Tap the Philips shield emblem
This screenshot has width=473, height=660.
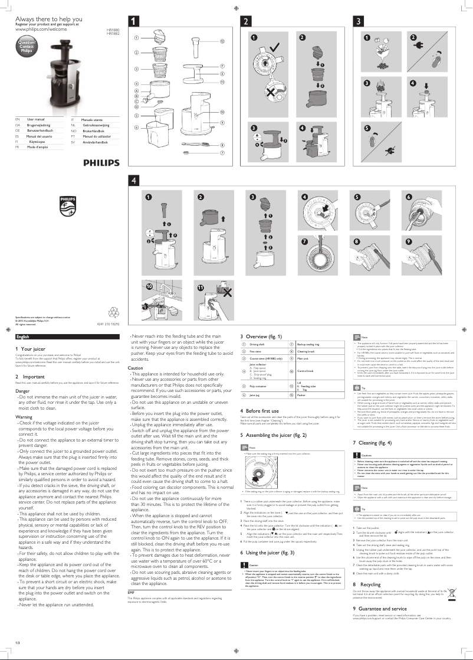point(67,207)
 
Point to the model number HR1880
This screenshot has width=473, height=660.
point(112,29)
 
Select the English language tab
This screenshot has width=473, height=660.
point(24,336)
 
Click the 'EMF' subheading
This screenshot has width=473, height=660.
point(132,592)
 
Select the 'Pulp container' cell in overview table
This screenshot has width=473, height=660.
point(258,386)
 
